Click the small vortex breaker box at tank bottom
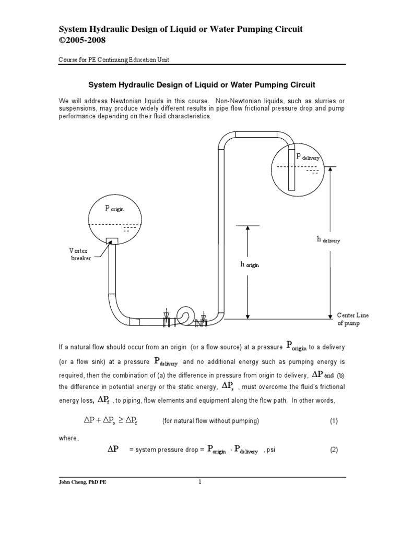pos(112,240)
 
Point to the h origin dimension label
pos(250,264)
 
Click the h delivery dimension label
pos(328,239)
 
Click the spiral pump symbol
pos(185,314)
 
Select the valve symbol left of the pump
pos(167,319)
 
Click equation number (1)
pos(334,420)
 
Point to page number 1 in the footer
pos(199,482)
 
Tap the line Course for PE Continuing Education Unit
pos(113,59)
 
